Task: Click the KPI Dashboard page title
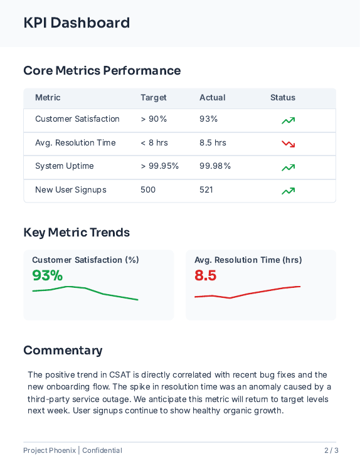coord(77,23)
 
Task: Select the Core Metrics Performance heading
coord(102,71)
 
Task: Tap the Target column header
coord(154,98)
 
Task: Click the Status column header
coord(282,98)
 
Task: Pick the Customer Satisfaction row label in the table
coord(77,119)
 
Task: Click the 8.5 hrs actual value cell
coord(213,143)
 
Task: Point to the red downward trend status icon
coord(288,144)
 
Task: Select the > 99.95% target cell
coord(159,166)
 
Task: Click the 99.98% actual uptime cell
coord(215,166)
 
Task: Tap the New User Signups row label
coord(70,190)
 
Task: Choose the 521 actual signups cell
coord(206,190)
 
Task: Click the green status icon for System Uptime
coord(288,167)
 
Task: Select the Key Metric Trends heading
coord(77,233)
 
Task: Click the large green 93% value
coord(48,275)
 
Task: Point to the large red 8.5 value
coord(205,275)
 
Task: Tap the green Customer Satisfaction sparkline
coord(85,292)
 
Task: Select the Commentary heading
coord(63,351)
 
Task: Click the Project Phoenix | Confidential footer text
coord(72,450)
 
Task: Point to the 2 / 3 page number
coord(331,450)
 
